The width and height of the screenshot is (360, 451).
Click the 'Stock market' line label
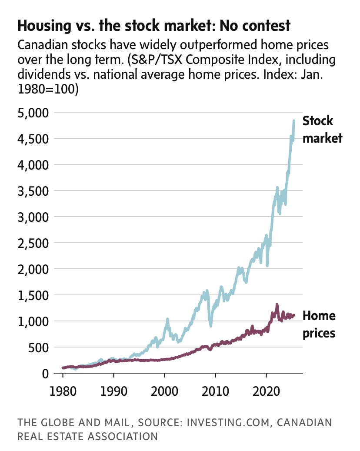(x=322, y=129)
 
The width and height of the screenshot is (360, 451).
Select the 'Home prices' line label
(x=319, y=324)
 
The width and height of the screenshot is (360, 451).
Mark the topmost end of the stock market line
(x=294, y=121)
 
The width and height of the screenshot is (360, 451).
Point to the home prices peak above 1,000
(x=277, y=304)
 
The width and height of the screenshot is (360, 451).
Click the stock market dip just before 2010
(x=211, y=325)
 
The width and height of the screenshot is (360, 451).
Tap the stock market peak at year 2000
(x=167, y=320)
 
